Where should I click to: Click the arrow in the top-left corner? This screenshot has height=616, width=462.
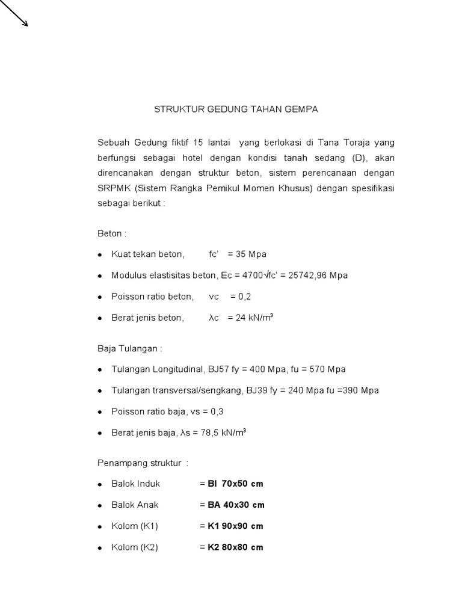(x=14, y=13)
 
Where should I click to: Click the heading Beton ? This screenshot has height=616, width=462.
(x=112, y=233)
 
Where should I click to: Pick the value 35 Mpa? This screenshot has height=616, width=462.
(x=252, y=254)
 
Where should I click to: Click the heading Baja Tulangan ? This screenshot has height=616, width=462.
(x=129, y=348)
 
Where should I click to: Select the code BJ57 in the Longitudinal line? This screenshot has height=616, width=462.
(x=220, y=369)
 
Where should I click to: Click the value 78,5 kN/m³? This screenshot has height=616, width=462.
(x=223, y=432)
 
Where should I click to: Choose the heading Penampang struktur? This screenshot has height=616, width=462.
(x=143, y=463)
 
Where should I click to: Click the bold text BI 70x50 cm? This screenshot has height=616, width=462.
(x=235, y=484)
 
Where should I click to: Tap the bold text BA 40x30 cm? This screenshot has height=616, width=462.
(x=236, y=505)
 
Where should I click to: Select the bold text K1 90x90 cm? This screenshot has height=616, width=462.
(x=235, y=526)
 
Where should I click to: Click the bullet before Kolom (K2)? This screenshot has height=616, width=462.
(x=100, y=547)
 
